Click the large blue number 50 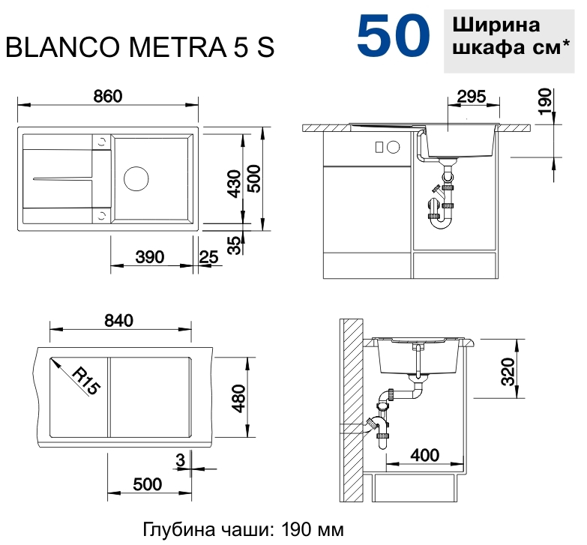pyautogui.click(x=394, y=36)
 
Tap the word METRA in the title pyautogui.click(x=178, y=47)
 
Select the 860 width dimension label pyautogui.click(x=108, y=96)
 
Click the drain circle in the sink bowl pyautogui.click(x=136, y=178)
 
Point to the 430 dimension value pyautogui.click(x=235, y=184)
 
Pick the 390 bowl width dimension pyautogui.click(x=150, y=257)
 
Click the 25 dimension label pyautogui.click(x=208, y=257)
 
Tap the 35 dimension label pyautogui.click(x=235, y=246)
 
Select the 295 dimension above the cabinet pyautogui.click(x=472, y=97)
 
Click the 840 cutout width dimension pyautogui.click(x=118, y=320)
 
